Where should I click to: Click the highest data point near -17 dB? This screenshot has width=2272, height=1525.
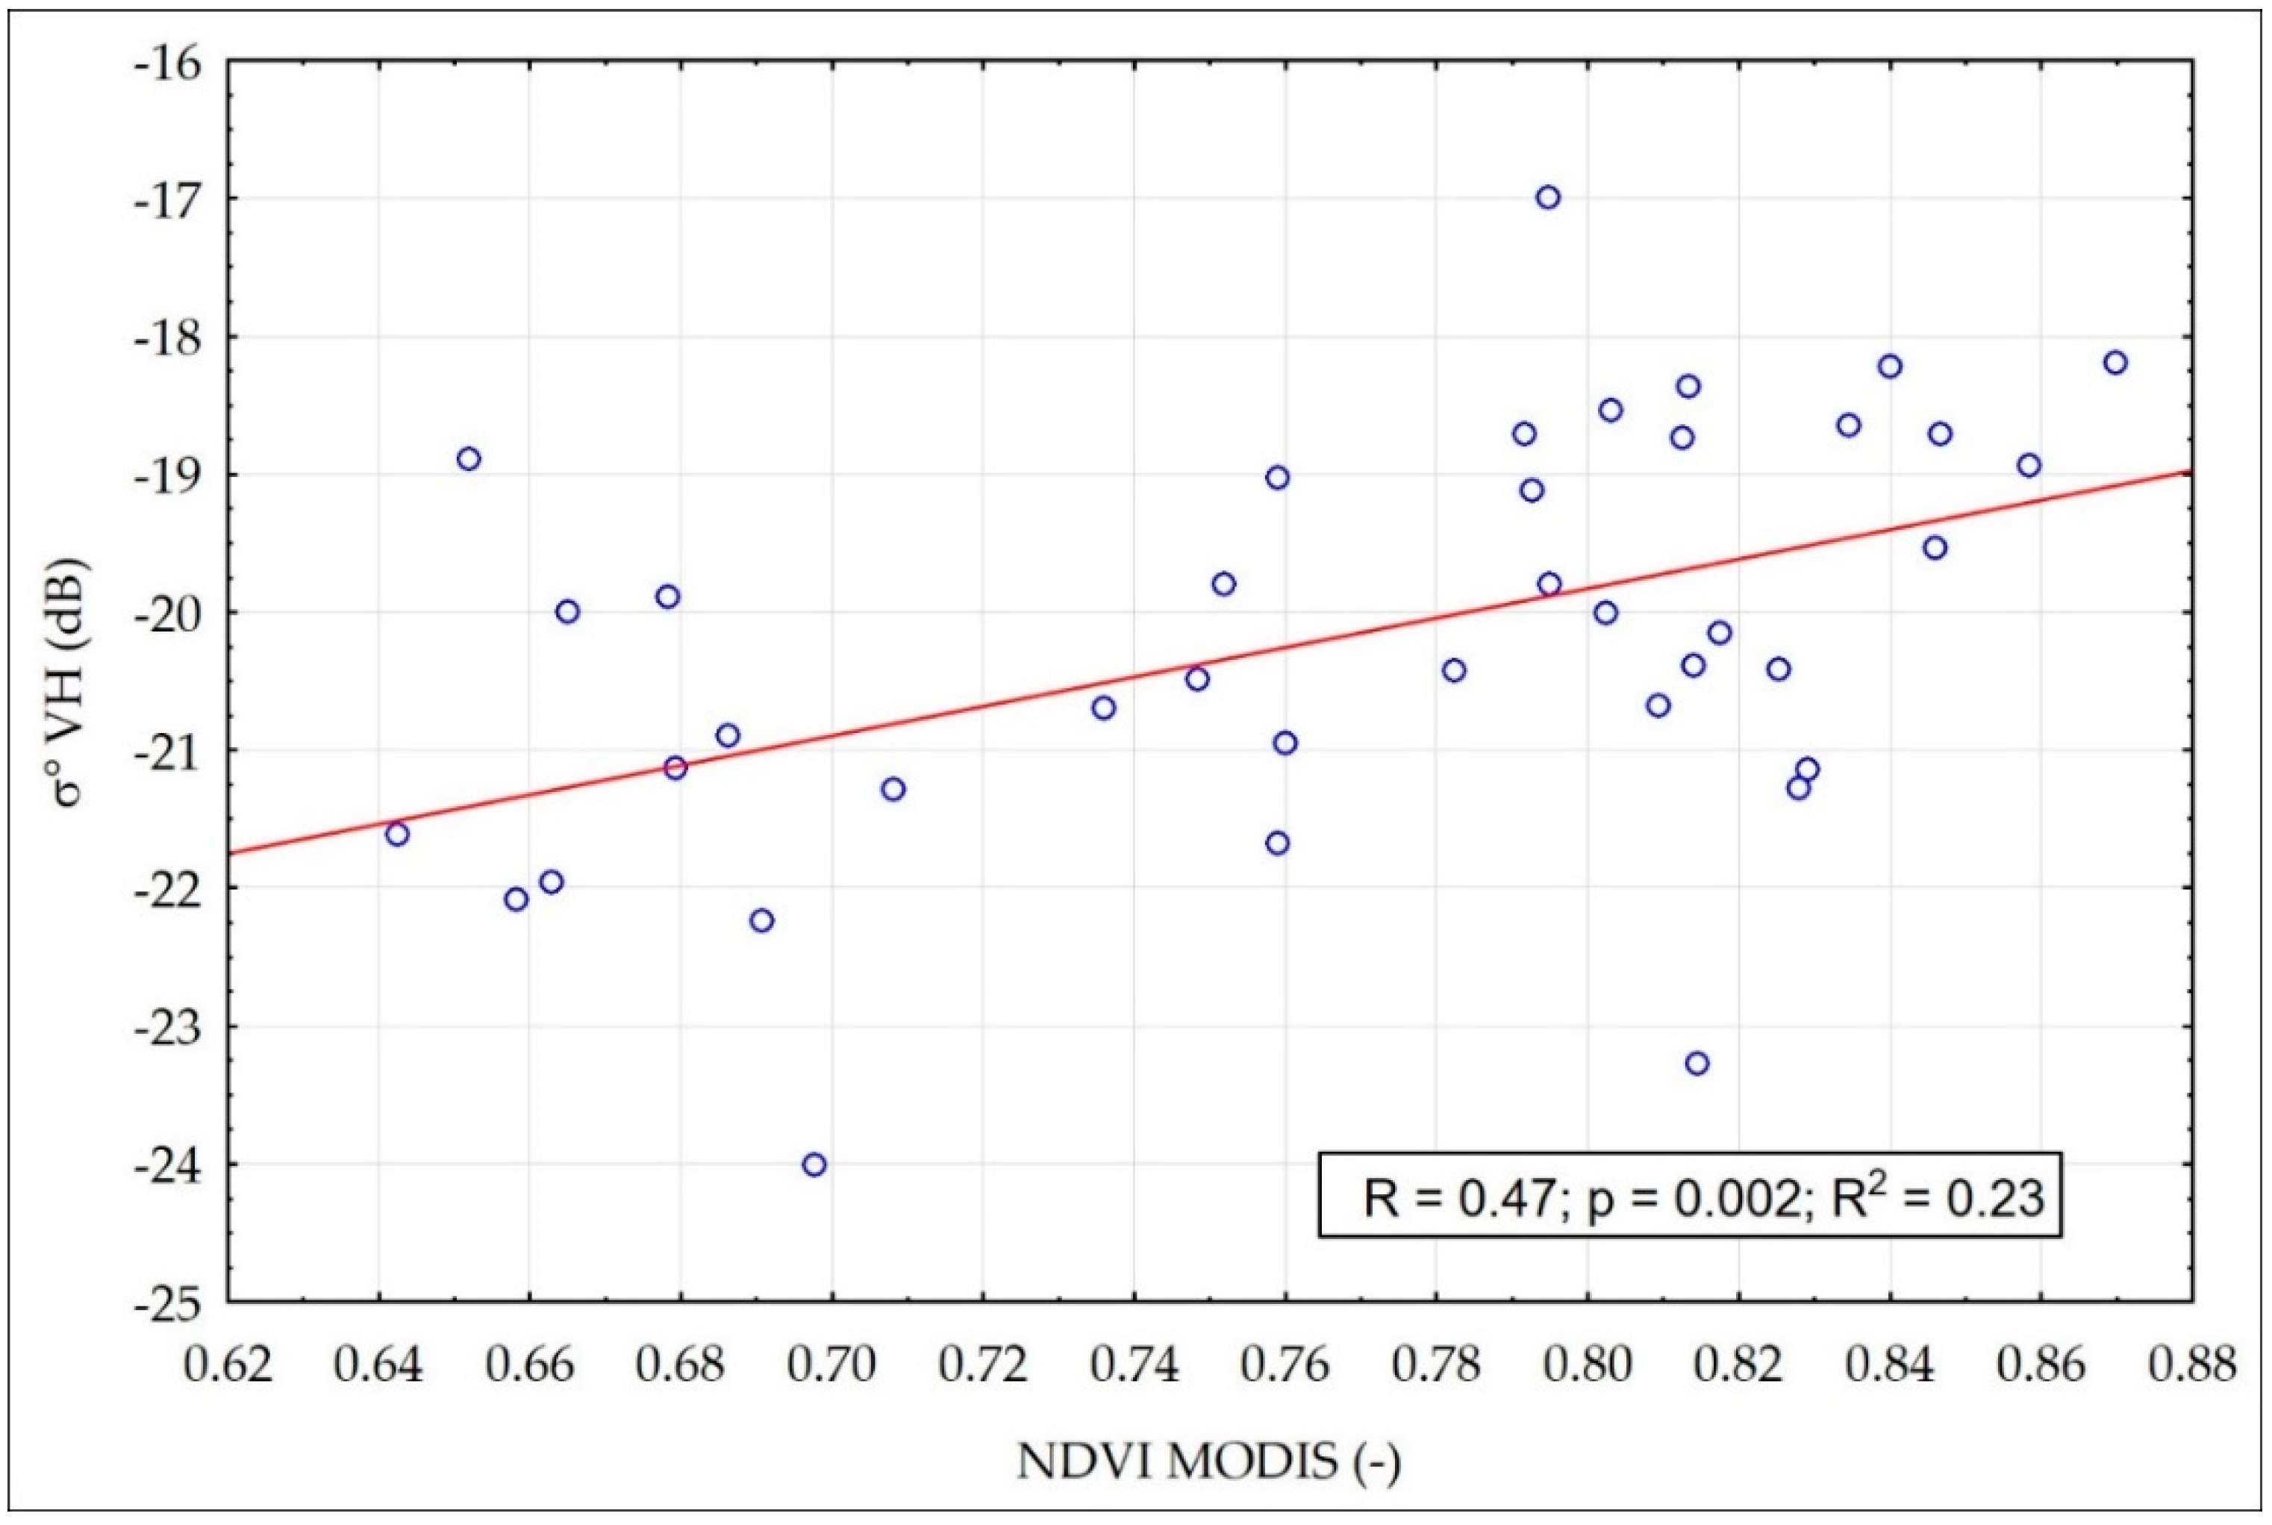(1548, 197)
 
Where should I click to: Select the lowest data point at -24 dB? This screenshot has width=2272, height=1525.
(815, 1164)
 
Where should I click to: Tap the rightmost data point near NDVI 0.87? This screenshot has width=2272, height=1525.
(2115, 363)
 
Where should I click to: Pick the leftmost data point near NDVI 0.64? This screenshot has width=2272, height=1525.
(396, 834)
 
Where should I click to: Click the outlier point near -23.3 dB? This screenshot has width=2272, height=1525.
(1697, 1063)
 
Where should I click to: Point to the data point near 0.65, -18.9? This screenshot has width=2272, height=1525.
(469, 458)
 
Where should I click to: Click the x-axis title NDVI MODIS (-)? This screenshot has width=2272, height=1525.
(1208, 1461)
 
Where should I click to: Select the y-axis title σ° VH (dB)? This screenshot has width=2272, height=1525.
(70, 687)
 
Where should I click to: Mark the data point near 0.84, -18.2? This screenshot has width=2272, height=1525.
(1890, 367)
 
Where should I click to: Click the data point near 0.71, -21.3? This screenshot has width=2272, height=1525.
(893, 789)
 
